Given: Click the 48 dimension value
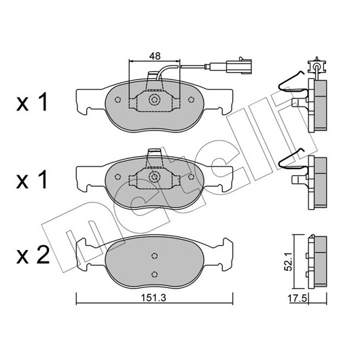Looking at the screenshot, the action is [155, 56].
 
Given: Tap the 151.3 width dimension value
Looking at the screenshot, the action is [153, 298].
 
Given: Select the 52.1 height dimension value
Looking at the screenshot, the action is [289, 261].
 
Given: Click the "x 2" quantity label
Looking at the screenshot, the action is [33, 255].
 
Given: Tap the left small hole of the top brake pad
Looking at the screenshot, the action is [118, 100].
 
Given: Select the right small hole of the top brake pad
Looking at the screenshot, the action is [191, 100].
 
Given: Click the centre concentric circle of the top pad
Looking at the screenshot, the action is [154, 100].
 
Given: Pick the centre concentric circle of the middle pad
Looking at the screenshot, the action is [154, 177].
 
